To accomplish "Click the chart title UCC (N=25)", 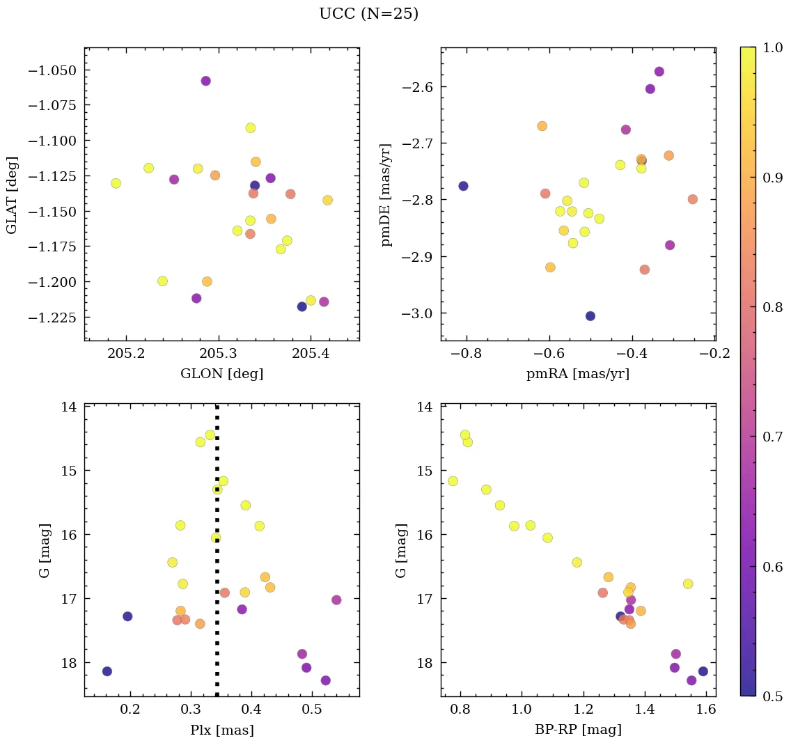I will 368,14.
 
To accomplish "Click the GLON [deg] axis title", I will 221,374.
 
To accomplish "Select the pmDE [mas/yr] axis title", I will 387,195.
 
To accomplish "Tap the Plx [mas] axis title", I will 221,730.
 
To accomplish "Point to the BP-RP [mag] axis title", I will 578,730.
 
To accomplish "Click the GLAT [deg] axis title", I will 12,195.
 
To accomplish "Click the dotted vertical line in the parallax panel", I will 217,557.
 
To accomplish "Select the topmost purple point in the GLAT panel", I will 205,81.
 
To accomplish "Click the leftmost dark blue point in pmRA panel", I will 463,186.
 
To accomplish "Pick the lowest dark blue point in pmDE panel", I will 590,316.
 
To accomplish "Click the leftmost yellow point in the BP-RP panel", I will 453,481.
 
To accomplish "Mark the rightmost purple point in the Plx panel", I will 336,600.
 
